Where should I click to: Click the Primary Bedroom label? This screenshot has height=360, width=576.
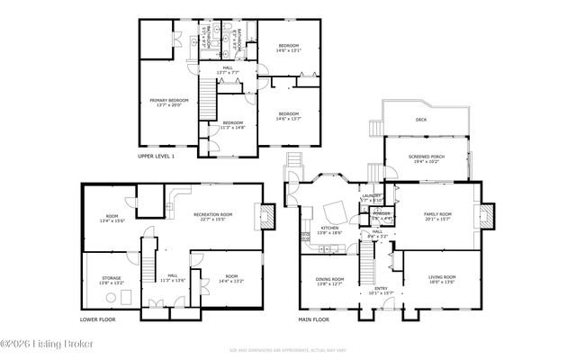click(164, 102)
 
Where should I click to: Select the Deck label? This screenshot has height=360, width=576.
click(421, 120)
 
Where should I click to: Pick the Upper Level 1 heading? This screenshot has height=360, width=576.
click(156, 156)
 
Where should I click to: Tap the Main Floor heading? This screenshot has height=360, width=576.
click(313, 319)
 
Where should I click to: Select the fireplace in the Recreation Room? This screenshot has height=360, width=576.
click(266, 214)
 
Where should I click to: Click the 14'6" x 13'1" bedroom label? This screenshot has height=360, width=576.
click(288, 47)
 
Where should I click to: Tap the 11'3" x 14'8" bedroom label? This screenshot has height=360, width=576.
click(232, 125)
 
